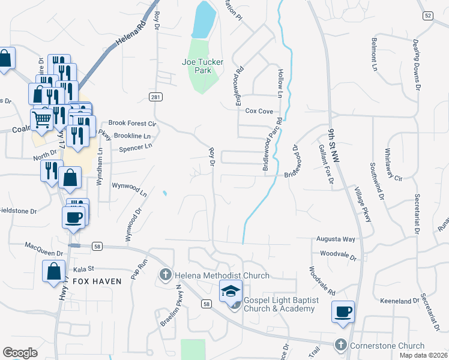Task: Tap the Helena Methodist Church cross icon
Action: coord(165,275)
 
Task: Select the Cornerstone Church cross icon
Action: coord(341,345)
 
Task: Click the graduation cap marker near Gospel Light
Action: coord(231,292)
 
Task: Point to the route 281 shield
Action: coord(155,96)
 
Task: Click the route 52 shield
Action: coord(427,16)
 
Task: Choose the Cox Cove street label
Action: coord(259,111)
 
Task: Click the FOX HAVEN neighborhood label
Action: coord(97,281)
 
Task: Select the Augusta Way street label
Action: coord(336,239)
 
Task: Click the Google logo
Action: coord(20,353)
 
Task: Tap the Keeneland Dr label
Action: coord(399,300)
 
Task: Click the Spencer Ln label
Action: coord(136,148)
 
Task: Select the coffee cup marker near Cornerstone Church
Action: coord(343,312)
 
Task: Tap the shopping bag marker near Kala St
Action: coord(53,271)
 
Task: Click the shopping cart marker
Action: coord(41,119)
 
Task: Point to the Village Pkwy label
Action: coord(363,205)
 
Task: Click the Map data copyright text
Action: coord(424,355)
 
